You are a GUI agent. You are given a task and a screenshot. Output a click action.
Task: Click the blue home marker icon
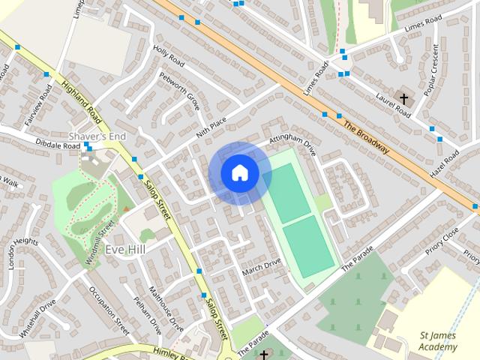click(240, 172)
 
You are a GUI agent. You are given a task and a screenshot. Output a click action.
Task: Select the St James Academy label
click(438, 340)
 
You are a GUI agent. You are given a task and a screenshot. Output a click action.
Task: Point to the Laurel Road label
click(393, 106)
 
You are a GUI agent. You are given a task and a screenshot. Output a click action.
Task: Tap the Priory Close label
click(441, 243)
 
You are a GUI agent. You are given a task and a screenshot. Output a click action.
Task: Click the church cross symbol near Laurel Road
click(404, 98)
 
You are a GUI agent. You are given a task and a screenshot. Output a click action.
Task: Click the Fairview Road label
click(37, 104)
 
